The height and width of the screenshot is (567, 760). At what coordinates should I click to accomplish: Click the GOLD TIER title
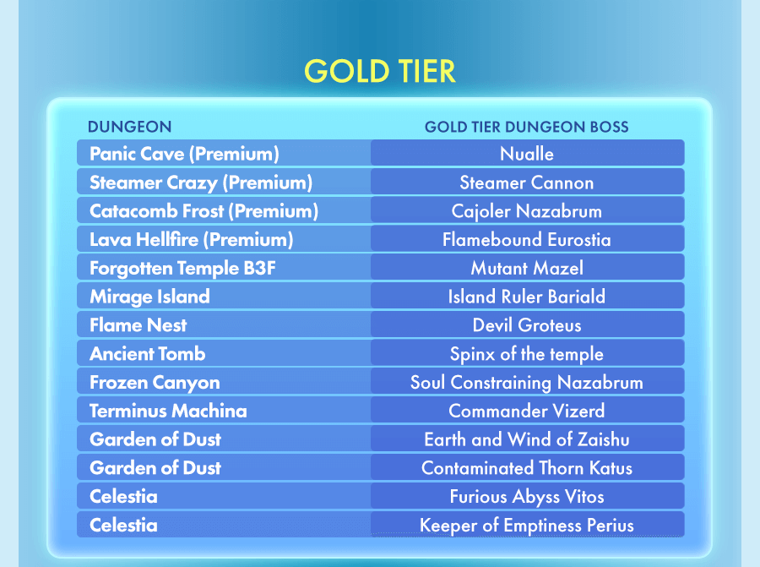pos(379,71)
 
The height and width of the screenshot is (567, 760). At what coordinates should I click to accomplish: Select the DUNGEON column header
pos(129,127)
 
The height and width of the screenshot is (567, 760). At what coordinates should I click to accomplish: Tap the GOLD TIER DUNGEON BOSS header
pos(526,127)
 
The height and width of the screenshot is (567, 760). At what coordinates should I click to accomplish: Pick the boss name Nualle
pos(527,154)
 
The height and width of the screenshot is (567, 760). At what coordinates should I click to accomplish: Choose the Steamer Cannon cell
pos(527,183)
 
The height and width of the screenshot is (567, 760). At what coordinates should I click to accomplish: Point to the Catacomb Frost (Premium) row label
pos(204,211)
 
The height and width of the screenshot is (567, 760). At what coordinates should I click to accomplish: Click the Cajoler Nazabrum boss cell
pos(527,211)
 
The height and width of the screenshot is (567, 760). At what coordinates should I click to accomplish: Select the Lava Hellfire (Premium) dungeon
pos(192,240)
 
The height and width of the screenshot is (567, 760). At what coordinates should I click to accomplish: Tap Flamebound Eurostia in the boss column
pos(527,240)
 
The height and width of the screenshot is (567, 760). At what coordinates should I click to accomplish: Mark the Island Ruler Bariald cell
pos(527,297)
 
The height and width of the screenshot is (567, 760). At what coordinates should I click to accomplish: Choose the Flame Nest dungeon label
pos(138,325)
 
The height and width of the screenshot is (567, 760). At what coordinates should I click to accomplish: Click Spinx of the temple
pos(527,353)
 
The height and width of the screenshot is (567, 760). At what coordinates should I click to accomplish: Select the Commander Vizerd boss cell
pos(527,411)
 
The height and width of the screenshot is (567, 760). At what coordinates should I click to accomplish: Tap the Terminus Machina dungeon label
pos(168,411)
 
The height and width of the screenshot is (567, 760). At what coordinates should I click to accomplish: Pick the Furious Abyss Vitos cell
pos(527,497)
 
